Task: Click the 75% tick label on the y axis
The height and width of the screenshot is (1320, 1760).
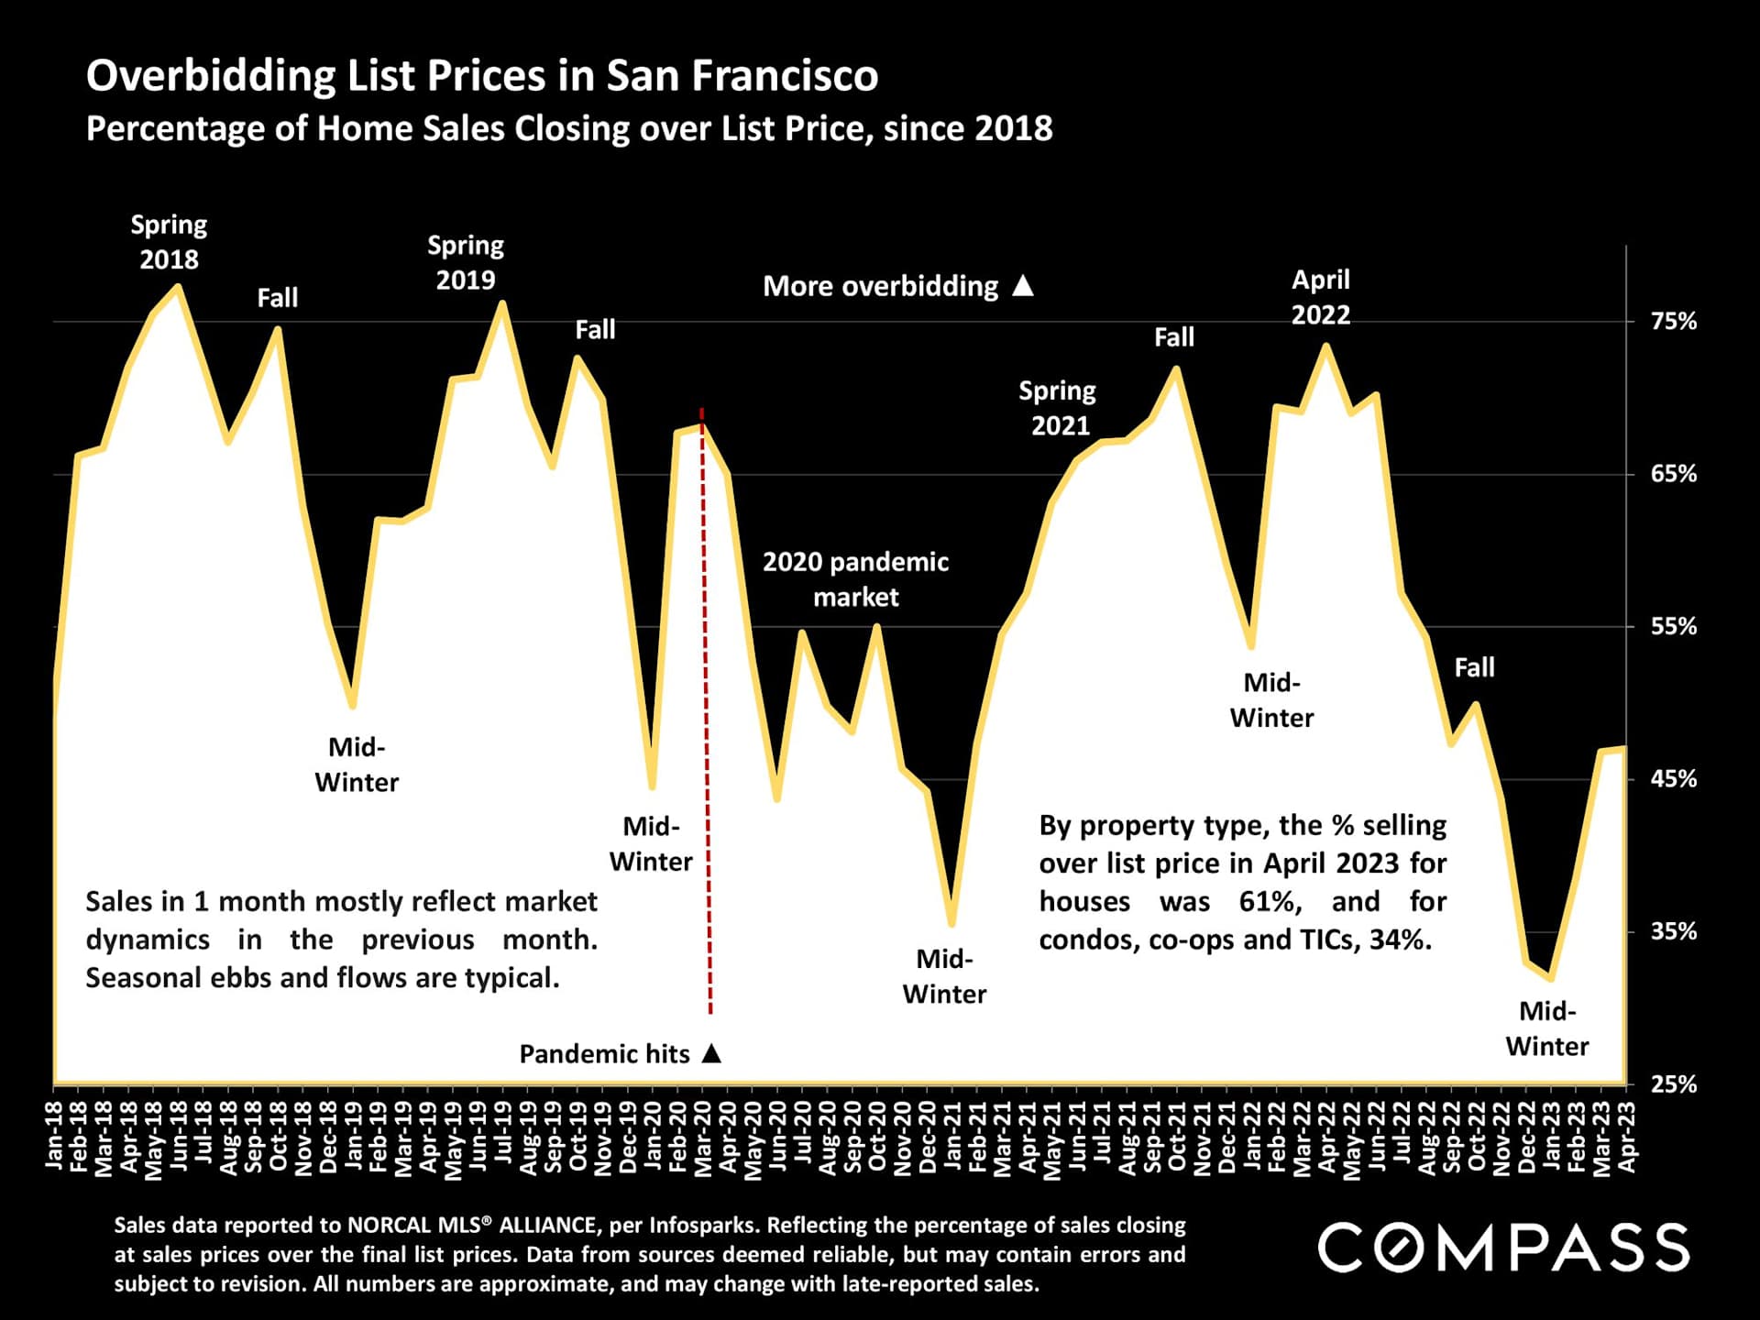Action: pos(1673,322)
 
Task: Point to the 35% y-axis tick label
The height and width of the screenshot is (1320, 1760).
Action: pos(1673,931)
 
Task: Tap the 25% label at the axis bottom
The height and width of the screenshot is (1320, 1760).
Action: pos(1673,1084)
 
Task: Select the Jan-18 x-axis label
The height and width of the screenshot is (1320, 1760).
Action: pos(54,1135)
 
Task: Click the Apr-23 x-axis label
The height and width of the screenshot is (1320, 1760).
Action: pos(1627,1135)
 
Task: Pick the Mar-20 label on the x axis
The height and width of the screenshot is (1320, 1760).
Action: pos(703,1135)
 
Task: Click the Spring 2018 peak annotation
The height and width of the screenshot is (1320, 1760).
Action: pos(169,242)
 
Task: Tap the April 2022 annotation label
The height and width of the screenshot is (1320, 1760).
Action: pos(1321,297)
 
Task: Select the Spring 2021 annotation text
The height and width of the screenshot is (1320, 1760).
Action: pos(1059,408)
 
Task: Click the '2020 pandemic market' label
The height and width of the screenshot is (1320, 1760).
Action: pos(855,579)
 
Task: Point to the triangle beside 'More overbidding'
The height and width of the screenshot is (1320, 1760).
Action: pos(1023,286)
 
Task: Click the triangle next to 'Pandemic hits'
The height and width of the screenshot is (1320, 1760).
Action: pos(711,1053)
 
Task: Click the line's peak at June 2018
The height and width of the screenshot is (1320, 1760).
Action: pos(178,287)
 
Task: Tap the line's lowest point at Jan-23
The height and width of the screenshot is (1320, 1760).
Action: pos(1551,978)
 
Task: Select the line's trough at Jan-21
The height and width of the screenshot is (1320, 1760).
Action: pos(951,924)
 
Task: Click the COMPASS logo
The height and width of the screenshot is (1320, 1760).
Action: pos(1503,1248)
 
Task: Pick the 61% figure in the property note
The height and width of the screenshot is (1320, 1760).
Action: pos(1269,902)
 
